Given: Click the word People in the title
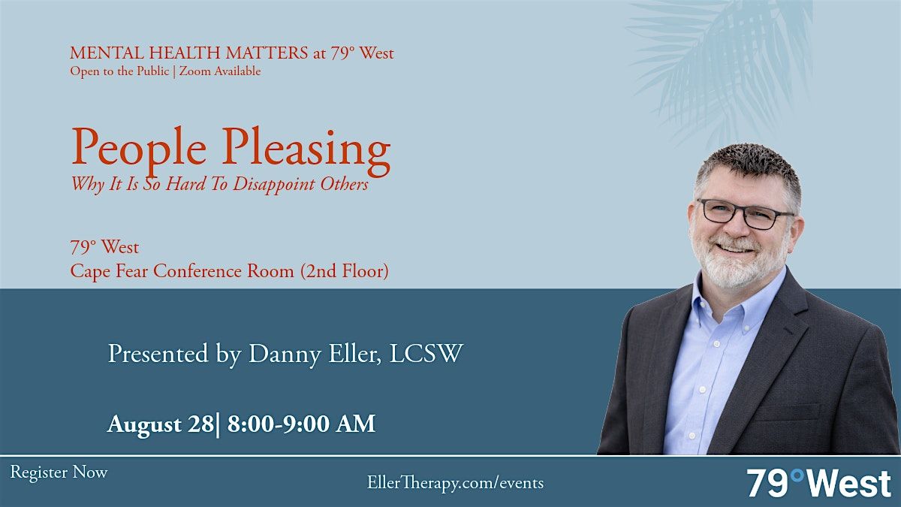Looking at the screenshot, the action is coord(139,148).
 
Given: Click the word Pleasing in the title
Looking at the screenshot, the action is coord(306,152).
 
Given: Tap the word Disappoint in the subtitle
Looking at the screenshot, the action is coord(274,185).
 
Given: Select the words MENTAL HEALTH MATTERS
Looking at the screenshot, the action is coord(189,53).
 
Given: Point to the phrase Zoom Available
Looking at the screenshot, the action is coord(220,71).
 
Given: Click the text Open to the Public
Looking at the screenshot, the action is coord(119,71).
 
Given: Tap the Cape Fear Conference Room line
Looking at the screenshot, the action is coord(230,271).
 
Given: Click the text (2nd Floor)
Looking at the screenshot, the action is coord(345,271).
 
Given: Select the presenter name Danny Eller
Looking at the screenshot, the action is coord(315,354).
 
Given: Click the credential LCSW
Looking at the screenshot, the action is coord(426,353).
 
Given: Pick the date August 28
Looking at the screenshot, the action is coord(161,424).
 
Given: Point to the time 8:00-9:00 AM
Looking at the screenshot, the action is coord(302,424).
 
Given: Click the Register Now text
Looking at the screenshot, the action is coord(59,472).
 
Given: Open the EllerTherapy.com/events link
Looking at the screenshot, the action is coord(455,483).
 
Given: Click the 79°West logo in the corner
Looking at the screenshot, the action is coord(819,483).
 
